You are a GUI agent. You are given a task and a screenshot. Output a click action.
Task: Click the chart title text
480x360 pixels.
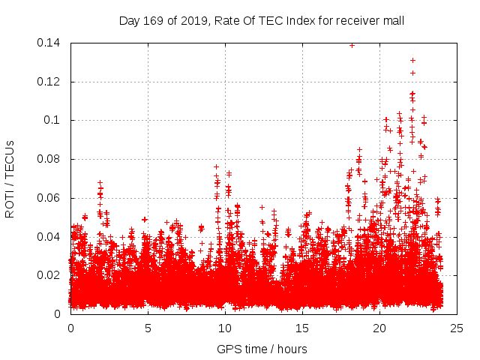pyautogui.click(x=262, y=20)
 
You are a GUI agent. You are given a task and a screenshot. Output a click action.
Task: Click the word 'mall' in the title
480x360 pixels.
pyautogui.click(x=392, y=20)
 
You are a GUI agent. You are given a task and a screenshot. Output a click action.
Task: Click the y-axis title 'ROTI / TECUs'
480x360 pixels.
pyautogui.click(x=10, y=178)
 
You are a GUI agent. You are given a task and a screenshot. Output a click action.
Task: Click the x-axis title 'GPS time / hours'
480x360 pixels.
pyautogui.click(x=262, y=349)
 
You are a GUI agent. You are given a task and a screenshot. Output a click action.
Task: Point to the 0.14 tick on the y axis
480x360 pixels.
pyautogui.click(x=49, y=43)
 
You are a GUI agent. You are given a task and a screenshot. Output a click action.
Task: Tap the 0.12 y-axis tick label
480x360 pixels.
pyautogui.click(x=49, y=82)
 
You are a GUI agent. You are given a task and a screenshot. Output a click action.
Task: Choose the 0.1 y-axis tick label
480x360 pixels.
pyautogui.click(x=54, y=120)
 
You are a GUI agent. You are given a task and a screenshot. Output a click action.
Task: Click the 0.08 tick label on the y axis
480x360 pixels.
pyautogui.click(x=49, y=159)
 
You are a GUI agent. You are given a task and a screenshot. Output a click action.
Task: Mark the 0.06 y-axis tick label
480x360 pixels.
pyautogui.click(x=49, y=198)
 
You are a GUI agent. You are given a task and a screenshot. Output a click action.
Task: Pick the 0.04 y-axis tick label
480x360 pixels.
pyautogui.click(x=49, y=237)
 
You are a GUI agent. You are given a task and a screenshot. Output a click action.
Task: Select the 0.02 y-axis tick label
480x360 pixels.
pyautogui.click(x=49, y=275)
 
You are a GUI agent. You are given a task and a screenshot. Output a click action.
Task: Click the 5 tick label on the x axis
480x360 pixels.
pyautogui.click(x=148, y=328)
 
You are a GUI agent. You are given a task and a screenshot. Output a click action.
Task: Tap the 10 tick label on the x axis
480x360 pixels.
pyautogui.click(x=225, y=328)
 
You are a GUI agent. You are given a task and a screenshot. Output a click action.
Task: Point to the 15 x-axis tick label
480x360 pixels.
pyautogui.click(x=302, y=328)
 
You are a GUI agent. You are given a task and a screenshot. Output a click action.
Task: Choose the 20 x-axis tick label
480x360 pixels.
pyautogui.click(x=379, y=328)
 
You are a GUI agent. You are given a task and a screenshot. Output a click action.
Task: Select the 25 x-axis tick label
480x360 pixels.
pyautogui.click(x=457, y=328)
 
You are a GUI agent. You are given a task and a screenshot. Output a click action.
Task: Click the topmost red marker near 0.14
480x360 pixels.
pyautogui.click(x=352, y=45)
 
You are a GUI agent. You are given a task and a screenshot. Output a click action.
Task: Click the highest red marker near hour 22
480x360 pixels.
pyautogui.click(x=412, y=60)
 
